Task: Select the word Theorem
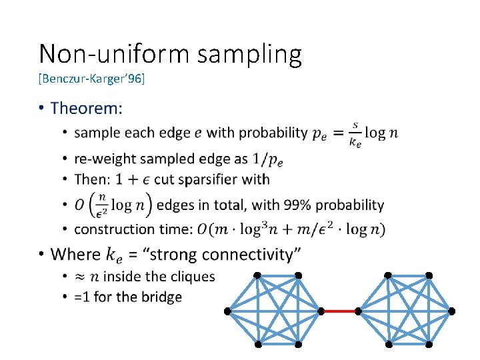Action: click(87, 107)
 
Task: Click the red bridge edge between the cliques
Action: click(339, 311)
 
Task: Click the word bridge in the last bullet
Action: click(159, 297)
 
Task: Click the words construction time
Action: click(133, 229)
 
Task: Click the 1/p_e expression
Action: click(269, 159)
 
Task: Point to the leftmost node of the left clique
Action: click(227, 311)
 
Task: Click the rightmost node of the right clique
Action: click(452, 311)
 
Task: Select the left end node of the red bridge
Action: click(321, 311)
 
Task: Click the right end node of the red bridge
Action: click(358, 311)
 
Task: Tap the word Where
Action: click(75, 254)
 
